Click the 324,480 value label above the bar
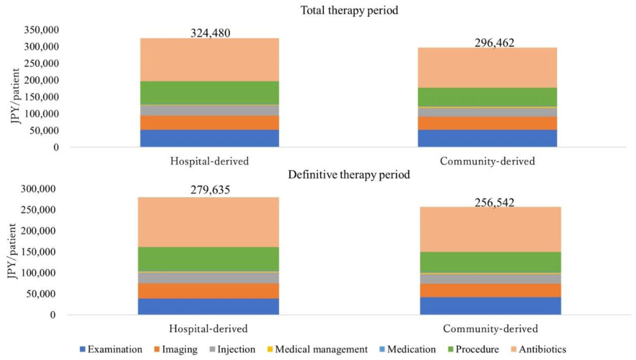pyautogui.click(x=210, y=33)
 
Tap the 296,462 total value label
pyautogui.click(x=494, y=43)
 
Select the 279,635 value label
pyautogui.click(x=210, y=190)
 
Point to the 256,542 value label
pyautogui.click(x=494, y=203)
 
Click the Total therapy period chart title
pyautogui.click(x=349, y=10)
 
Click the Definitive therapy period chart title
pyautogui.click(x=349, y=175)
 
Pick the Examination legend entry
pyautogui.click(x=111, y=349)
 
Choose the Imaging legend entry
pyautogui.click(x=176, y=349)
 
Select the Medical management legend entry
pyautogui.click(x=317, y=349)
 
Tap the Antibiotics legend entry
pyautogui.click(x=539, y=349)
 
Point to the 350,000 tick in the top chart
pyautogui.click(x=41, y=30)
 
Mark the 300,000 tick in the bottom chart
pyautogui.click(x=38, y=189)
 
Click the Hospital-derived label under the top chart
pyautogui.click(x=209, y=161)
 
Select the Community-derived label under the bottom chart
pyautogui.click(x=490, y=329)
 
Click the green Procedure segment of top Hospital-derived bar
pyautogui.click(x=209, y=92)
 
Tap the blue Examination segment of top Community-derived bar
pyautogui.click(x=487, y=138)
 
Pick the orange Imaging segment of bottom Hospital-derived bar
pyautogui.click(x=208, y=290)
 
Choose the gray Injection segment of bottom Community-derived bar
pyautogui.click(x=490, y=279)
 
